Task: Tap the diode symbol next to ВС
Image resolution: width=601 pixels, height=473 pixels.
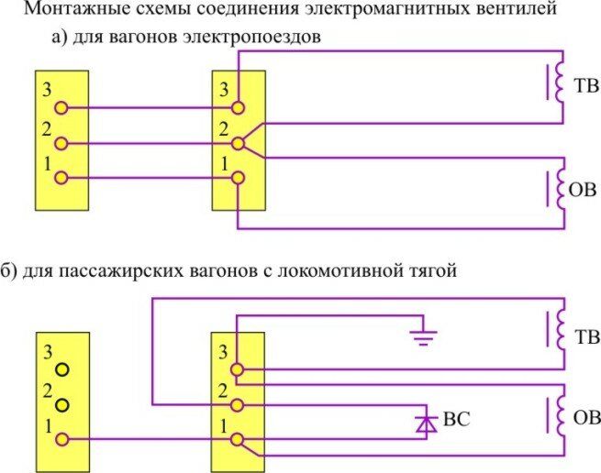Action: point(423,423)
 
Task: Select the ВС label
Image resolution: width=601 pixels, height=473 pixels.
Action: point(456,423)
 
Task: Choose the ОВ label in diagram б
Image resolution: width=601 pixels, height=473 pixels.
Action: point(584,420)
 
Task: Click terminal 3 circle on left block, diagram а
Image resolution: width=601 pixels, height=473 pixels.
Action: point(61,108)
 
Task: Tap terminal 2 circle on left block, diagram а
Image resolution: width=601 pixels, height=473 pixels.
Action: point(61,143)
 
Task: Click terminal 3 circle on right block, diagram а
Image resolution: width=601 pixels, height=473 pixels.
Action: point(238,108)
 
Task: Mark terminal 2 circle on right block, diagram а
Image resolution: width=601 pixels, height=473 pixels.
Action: point(238,143)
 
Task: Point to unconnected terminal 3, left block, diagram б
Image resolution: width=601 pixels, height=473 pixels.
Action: point(61,369)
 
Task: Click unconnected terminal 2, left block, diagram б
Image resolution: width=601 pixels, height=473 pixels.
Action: point(61,404)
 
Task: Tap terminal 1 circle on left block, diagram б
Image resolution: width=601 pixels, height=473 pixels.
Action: point(61,439)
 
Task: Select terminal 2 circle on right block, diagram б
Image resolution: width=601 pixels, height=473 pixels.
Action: point(238,404)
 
